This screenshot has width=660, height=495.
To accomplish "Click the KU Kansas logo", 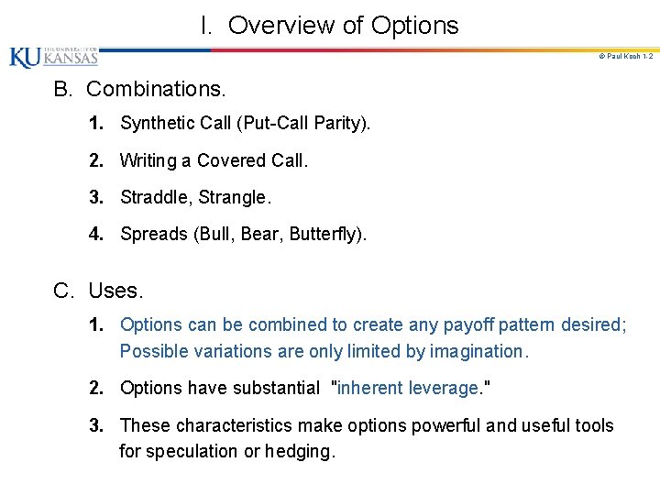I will pos(53,57).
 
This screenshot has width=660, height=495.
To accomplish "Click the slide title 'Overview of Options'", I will pos(342,25).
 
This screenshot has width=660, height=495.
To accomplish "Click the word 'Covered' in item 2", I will pos(232,160).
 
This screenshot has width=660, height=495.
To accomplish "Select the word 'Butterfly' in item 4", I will pos(326,234).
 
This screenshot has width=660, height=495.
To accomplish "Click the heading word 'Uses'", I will pos(115,291).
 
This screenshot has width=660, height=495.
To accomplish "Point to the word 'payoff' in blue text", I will pos(467,324).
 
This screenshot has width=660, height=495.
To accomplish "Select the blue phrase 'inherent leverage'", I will pos(408,388).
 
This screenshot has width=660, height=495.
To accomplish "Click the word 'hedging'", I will pos(302,451).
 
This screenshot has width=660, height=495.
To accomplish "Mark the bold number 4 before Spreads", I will pos(95,234).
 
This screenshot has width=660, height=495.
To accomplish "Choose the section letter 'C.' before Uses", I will pos(63,291).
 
